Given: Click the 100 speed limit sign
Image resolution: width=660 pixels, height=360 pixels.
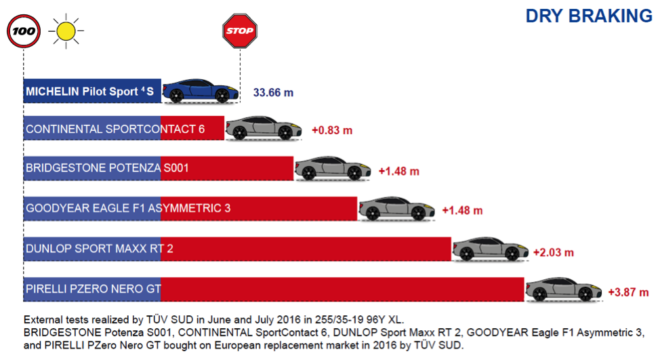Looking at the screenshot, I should point(24,31).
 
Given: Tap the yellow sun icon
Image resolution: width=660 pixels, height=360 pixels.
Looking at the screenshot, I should point(66,31).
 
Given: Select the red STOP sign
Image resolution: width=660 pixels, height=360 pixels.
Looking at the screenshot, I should point(239,31).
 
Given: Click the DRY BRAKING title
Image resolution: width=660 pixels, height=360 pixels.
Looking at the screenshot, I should point(589,16).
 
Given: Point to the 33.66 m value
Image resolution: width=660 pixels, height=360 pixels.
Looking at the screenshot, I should point(273,92).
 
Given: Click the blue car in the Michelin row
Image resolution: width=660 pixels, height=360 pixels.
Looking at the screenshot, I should point(200,90).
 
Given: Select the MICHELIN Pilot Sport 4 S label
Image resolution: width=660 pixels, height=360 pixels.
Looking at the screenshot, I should point(90,90).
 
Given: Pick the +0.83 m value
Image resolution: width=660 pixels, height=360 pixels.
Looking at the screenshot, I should point(332,130).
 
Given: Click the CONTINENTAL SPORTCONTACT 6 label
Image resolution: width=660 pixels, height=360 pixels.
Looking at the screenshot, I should point(115,129).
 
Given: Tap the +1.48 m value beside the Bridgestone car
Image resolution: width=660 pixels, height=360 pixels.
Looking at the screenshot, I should point(398,171).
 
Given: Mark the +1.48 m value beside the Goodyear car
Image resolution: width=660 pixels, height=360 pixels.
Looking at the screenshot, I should point(462,210).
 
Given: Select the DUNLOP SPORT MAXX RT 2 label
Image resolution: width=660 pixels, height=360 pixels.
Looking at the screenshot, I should point(100,249).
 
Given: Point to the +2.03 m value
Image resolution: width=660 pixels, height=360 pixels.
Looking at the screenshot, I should point(553,252).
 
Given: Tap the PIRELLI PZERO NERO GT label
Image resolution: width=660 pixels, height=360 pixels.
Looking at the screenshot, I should point(93,289).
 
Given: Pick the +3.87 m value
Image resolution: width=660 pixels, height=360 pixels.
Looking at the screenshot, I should point(628,293).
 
